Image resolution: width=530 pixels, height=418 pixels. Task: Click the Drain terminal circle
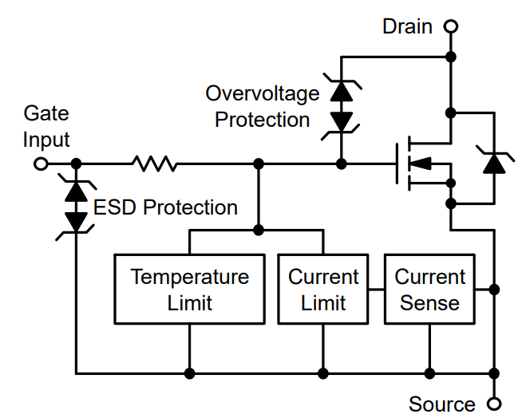(451, 26)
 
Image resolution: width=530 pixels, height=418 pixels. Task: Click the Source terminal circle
(495, 404)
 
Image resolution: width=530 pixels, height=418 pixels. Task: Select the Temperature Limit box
(189, 289)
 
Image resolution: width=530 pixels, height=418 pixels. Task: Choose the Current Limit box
(323, 289)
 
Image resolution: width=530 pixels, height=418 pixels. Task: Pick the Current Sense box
(430, 289)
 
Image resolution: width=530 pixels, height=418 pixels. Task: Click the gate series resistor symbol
(155, 164)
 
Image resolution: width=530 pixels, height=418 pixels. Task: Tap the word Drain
(407, 26)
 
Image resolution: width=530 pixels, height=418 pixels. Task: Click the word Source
(441, 404)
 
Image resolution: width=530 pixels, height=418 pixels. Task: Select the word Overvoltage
(262, 93)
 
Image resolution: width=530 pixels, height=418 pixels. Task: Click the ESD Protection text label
(165, 207)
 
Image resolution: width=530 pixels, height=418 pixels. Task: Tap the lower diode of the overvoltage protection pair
(342, 121)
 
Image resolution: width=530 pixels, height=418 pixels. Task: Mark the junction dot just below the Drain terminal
(451, 57)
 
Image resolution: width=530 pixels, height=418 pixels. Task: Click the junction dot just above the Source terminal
(495, 373)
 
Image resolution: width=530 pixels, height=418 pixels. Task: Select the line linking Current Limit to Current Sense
(376, 289)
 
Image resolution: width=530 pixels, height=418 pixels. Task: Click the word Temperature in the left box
(189, 277)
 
